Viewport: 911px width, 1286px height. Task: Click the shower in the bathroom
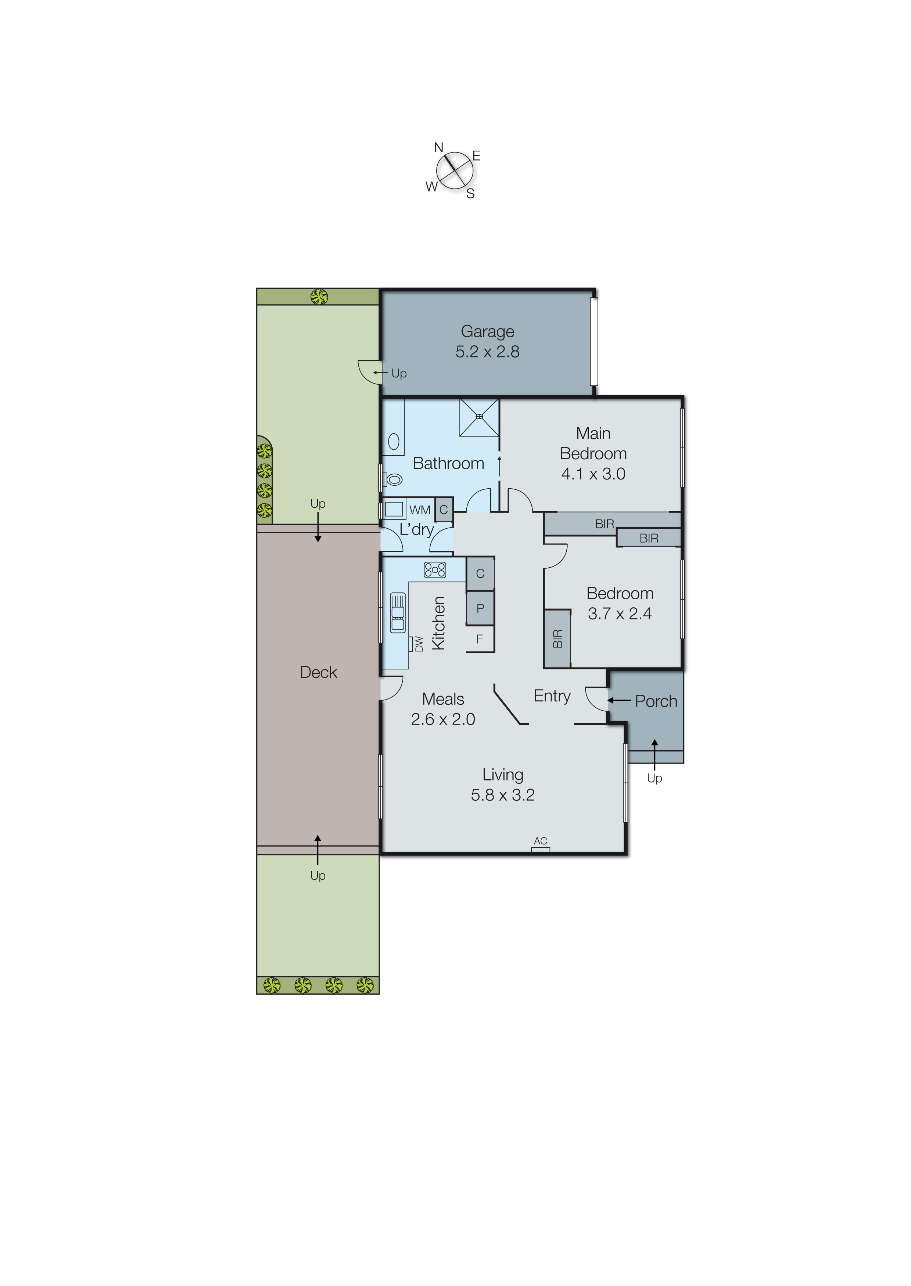tap(479, 417)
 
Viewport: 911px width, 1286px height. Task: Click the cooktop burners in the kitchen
tap(435, 570)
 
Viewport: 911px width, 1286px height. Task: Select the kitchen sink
tap(398, 613)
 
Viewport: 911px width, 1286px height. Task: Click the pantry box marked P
tap(480, 608)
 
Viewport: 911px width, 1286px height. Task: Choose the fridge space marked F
tap(480, 639)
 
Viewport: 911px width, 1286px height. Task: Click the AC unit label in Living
tap(540, 841)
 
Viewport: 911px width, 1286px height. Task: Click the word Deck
tap(318, 672)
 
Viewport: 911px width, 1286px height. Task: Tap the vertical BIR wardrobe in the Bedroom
tap(557, 639)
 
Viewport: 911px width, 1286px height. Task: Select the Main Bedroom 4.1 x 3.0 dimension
tap(593, 473)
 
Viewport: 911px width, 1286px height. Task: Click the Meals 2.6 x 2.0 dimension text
tap(442, 719)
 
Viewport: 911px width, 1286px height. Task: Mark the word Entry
tap(552, 696)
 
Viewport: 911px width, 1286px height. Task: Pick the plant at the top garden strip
tap(319, 296)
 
